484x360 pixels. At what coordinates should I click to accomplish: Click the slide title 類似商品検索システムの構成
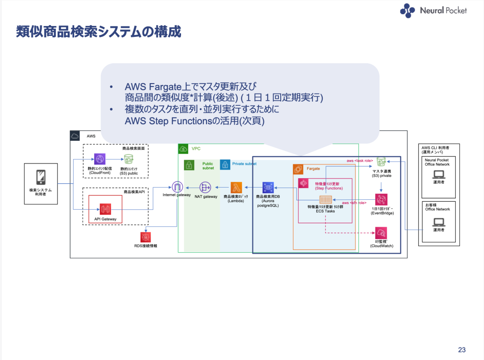click(98, 32)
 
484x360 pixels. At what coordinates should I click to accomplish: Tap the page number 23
click(461, 350)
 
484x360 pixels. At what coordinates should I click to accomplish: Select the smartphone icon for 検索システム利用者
click(41, 177)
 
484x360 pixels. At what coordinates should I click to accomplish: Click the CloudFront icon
click(100, 159)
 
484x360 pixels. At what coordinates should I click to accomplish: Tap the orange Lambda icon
click(236, 188)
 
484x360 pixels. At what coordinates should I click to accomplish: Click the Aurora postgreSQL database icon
click(268, 188)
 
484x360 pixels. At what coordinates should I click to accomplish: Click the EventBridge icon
click(381, 199)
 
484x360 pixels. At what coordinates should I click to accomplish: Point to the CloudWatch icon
click(381, 232)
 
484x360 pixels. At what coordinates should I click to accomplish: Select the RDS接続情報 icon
click(146, 237)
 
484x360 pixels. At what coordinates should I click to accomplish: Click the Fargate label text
click(313, 168)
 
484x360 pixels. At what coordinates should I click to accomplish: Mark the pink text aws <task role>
click(358, 161)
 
